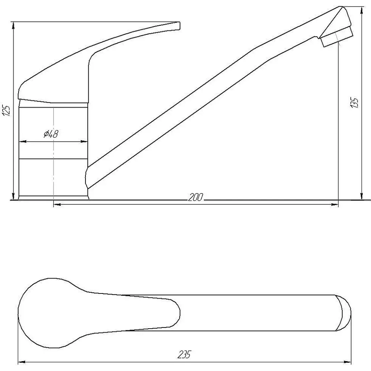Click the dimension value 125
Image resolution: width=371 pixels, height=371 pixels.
tap(7, 111)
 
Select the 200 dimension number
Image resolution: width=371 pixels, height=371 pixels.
tap(195, 197)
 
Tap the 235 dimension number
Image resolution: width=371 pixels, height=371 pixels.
tap(184, 354)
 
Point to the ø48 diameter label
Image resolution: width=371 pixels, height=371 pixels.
tap(51, 134)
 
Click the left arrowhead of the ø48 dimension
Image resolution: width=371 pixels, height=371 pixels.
tap(22, 142)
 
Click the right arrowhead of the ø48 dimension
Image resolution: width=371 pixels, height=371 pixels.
tap(84, 142)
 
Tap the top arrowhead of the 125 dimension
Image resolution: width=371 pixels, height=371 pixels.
tap(13, 26)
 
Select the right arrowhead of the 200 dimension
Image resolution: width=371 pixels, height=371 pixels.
tap(334, 204)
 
